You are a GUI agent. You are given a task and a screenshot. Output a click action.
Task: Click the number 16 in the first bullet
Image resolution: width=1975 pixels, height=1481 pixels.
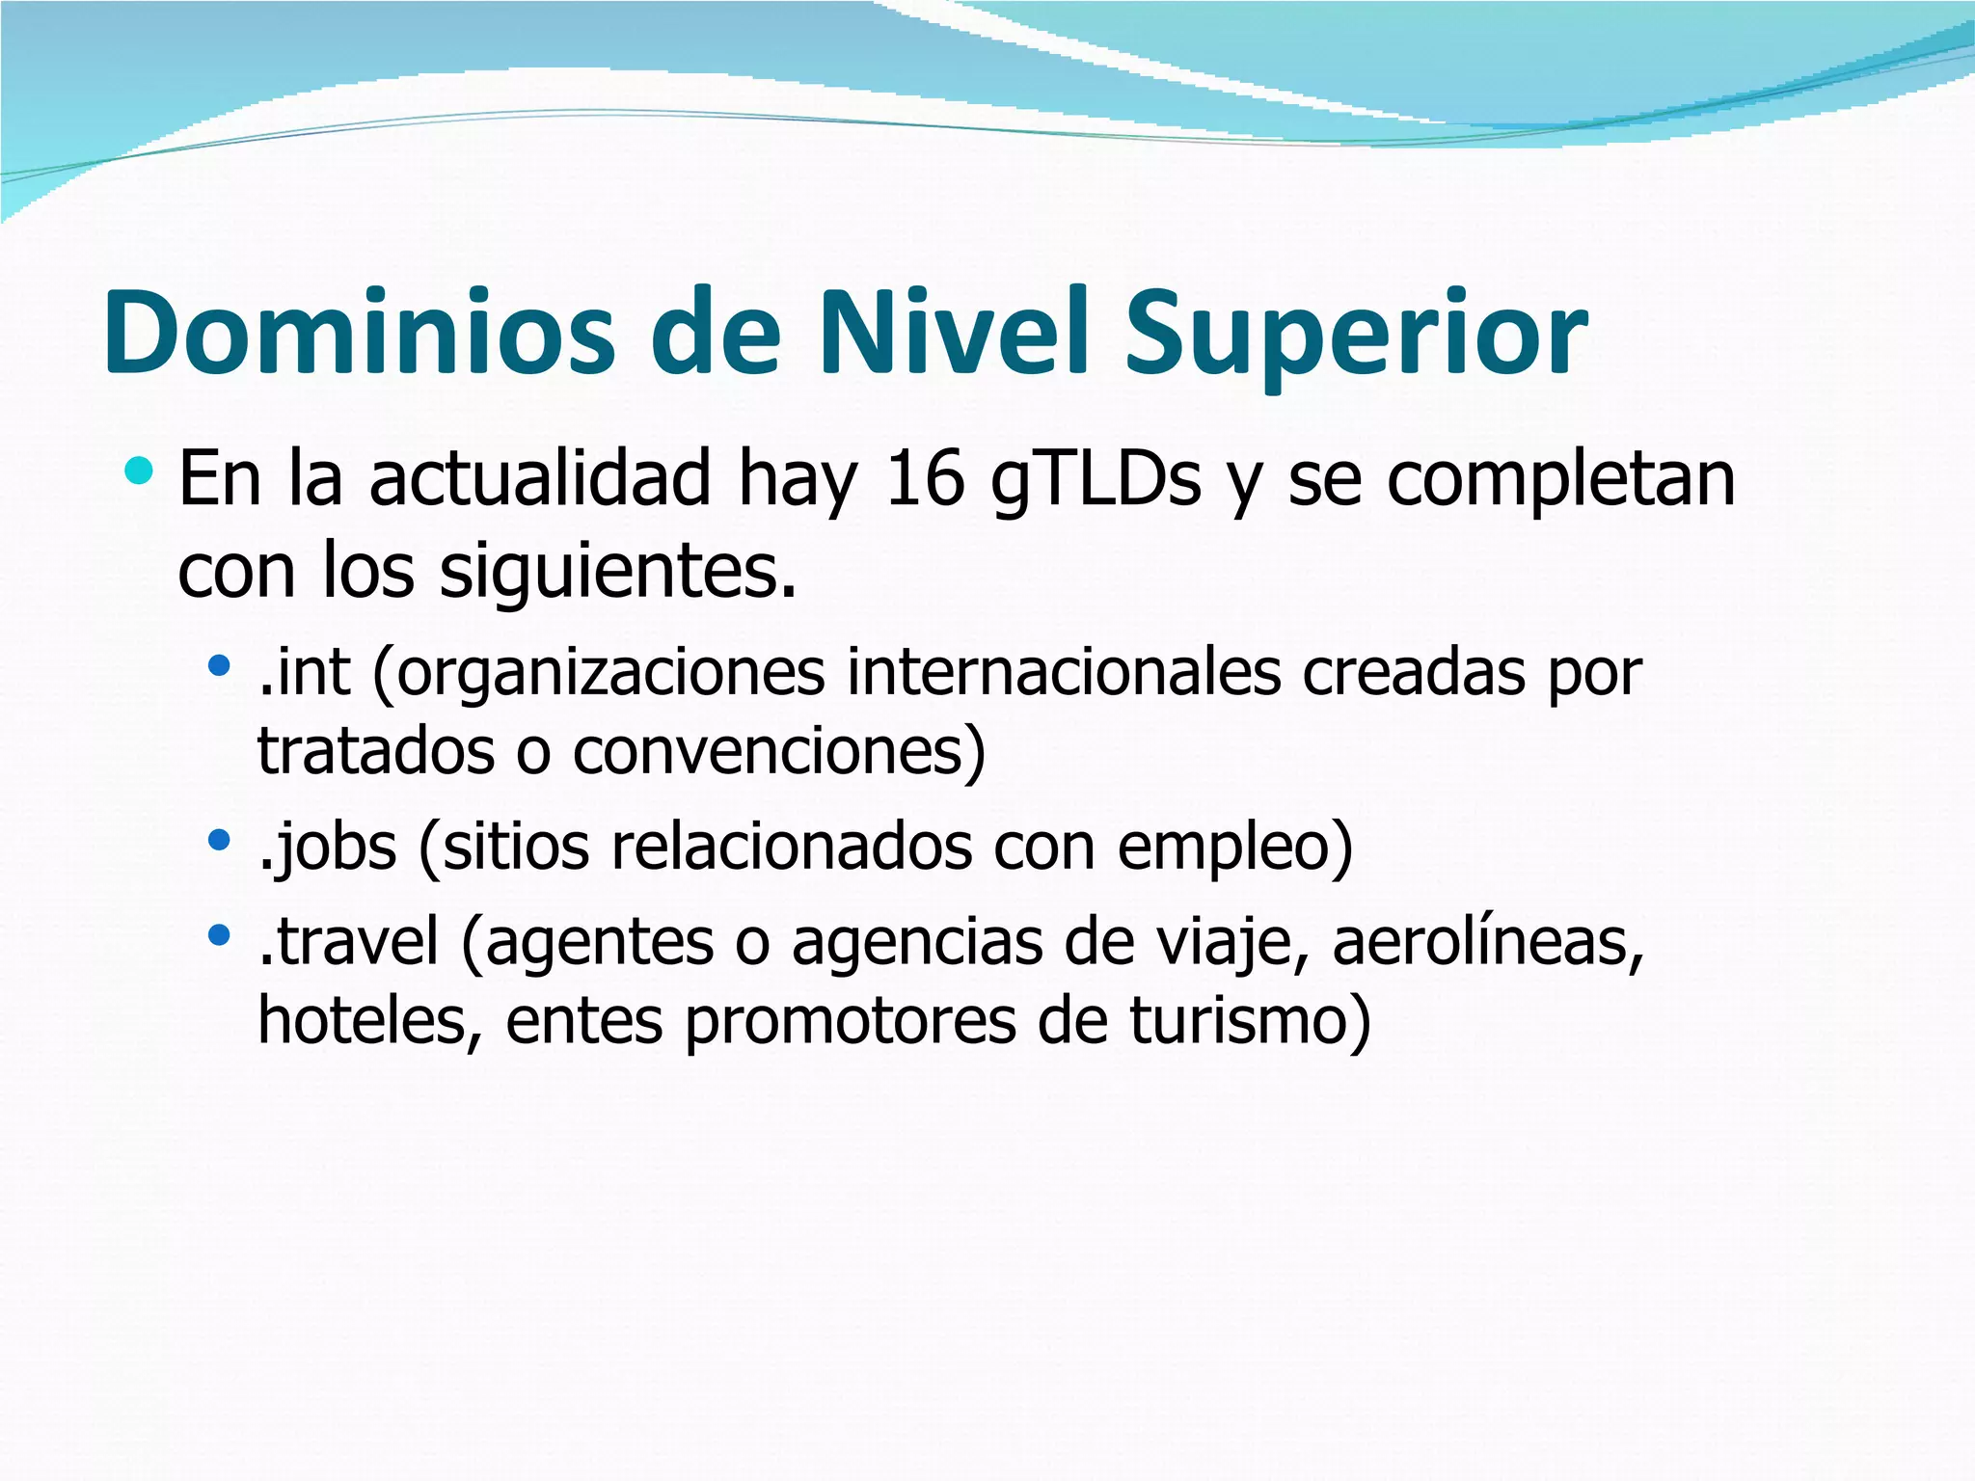click(x=924, y=478)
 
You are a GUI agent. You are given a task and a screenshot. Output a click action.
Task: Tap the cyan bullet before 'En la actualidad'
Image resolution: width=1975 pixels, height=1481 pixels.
click(x=139, y=471)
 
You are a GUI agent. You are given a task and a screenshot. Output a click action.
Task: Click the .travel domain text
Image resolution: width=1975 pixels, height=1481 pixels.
click(x=348, y=941)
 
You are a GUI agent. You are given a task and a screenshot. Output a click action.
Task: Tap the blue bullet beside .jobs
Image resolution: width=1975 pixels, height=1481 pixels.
click(x=220, y=840)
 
